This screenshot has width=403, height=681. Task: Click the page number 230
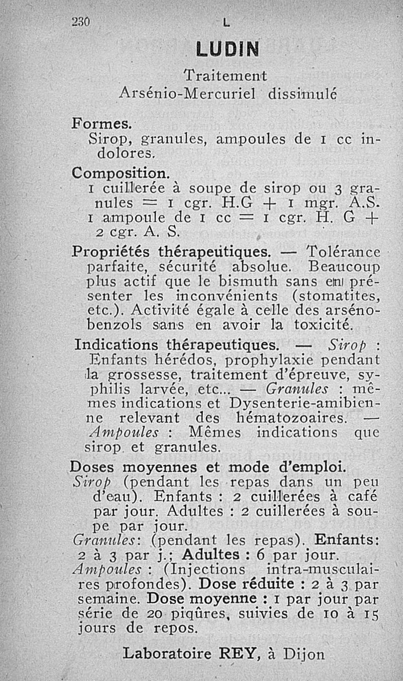tap(80, 22)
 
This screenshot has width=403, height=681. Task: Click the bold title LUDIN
tap(227, 49)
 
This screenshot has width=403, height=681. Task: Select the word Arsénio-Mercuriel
tap(189, 93)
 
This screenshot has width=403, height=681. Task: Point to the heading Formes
tap(101, 123)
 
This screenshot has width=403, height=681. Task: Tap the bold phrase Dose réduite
tap(246, 584)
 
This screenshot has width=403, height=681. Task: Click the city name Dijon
tap(303, 654)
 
